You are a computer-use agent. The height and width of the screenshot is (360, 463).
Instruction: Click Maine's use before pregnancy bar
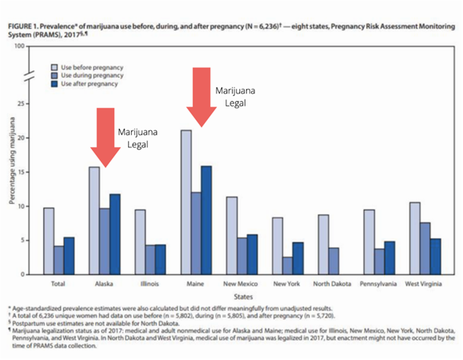point(186,202)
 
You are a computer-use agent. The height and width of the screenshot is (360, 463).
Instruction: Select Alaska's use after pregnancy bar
point(115,234)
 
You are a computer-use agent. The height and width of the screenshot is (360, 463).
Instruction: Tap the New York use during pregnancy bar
point(287,266)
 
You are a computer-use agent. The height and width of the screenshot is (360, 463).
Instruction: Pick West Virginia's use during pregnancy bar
point(425,248)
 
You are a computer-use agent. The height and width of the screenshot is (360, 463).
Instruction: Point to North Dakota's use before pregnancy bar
point(323,245)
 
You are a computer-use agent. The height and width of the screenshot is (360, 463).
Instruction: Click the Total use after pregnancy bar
point(69,256)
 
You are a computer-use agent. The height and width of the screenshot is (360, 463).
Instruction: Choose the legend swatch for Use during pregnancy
point(54,76)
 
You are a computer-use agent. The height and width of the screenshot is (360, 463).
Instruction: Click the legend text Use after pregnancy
point(90,84)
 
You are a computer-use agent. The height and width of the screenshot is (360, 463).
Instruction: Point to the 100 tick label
point(19,46)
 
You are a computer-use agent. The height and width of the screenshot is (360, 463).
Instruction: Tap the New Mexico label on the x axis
point(241,284)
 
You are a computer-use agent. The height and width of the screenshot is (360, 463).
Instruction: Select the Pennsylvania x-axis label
point(378,284)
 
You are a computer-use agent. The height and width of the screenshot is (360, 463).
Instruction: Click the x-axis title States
point(243,297)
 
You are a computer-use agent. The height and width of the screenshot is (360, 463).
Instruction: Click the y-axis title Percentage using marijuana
point(12,161)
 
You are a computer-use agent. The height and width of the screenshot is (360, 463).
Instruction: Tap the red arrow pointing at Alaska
point(106,138)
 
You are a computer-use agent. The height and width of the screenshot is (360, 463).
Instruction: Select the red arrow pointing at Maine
point(202,97)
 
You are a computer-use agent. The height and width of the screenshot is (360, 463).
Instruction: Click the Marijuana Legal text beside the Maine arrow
point(235,97)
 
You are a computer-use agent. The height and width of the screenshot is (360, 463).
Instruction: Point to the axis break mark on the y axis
point(29,76)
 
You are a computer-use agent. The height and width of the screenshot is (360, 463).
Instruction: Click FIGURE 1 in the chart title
point(23,26)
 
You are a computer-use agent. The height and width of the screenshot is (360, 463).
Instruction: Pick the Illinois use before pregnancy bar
point(140,242)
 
